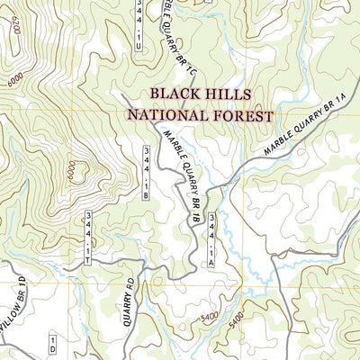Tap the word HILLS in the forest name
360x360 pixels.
click(230, 94)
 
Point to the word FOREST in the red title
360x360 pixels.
click(242, 114)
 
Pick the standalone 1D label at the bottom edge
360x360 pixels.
click(53, 346)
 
